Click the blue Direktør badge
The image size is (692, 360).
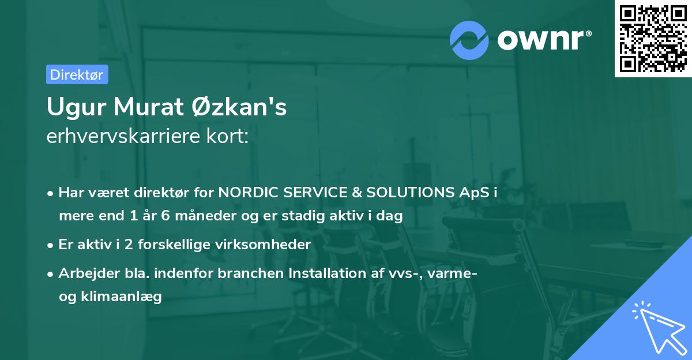77,74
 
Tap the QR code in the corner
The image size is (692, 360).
653,39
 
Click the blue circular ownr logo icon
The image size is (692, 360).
469,40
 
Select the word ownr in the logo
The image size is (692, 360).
540,40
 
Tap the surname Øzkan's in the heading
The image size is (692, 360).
239,107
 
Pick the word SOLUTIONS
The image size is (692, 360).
410,192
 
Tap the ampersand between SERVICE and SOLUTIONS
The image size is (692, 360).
356,193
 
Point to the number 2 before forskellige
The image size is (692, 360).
129,245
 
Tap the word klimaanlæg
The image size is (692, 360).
121,297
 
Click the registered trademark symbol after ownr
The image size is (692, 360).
588,33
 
